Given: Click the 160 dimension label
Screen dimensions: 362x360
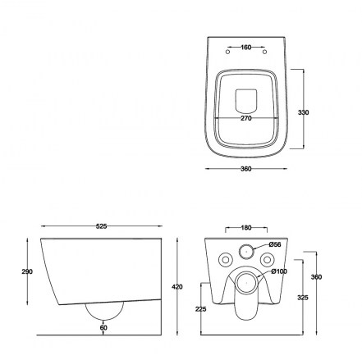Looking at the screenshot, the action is coord(246,48).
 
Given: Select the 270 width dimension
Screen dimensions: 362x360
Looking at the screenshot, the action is coord(246,118).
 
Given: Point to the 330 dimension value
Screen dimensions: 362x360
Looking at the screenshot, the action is coord(303,112).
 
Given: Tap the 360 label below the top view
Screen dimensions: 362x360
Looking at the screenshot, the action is coord(246,169).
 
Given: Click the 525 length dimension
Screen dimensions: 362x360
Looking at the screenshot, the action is coord(101,226).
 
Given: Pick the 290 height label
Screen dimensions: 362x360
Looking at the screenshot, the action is coord(27,271).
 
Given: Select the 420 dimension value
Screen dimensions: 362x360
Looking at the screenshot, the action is coord(177,287).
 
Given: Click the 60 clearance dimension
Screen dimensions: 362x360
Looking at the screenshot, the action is coord(103,327).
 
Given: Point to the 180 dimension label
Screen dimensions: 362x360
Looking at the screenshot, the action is coord(246,228).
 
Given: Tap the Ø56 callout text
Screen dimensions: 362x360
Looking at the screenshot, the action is coord(274,244).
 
